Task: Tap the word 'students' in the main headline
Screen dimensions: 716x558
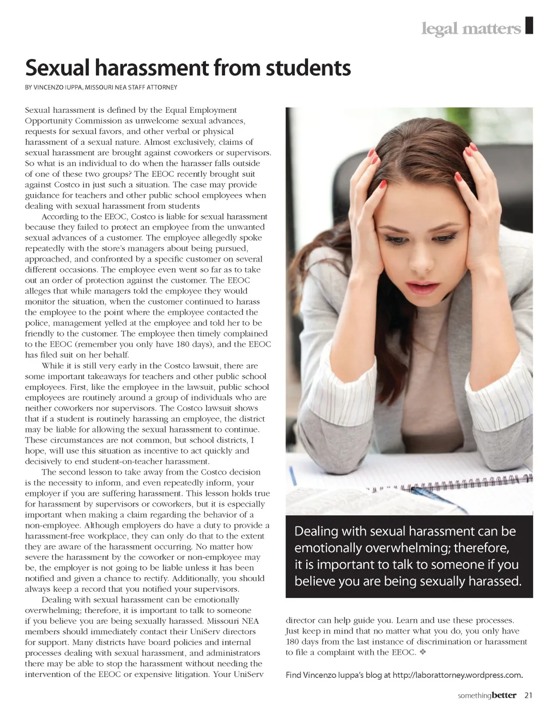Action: (308, 68)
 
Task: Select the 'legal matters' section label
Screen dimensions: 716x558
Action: (471, 28)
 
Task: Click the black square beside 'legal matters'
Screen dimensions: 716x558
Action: (529, 26)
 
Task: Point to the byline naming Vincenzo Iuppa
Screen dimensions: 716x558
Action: (101, 87)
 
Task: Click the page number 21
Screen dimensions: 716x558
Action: (528, 695)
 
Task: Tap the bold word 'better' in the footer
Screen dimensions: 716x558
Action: (504, 695)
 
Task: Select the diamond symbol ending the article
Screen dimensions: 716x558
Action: (423, 652)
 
